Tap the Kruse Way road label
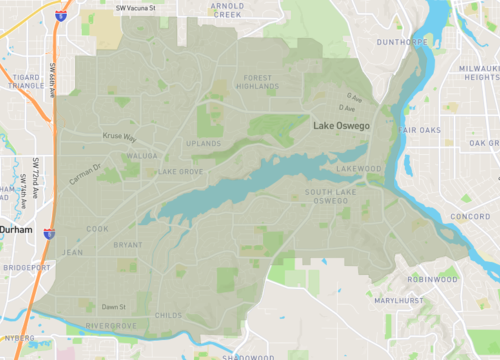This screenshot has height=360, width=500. [119, 137]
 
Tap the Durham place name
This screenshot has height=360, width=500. [16, 229]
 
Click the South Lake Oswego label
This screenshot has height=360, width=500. [327, 197]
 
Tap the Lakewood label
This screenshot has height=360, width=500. [359, 169]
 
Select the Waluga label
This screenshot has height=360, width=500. [142, 156]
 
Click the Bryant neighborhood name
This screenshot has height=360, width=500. [128, 244]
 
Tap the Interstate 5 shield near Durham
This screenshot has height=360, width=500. [49, 231]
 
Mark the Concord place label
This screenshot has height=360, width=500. [470, 216]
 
